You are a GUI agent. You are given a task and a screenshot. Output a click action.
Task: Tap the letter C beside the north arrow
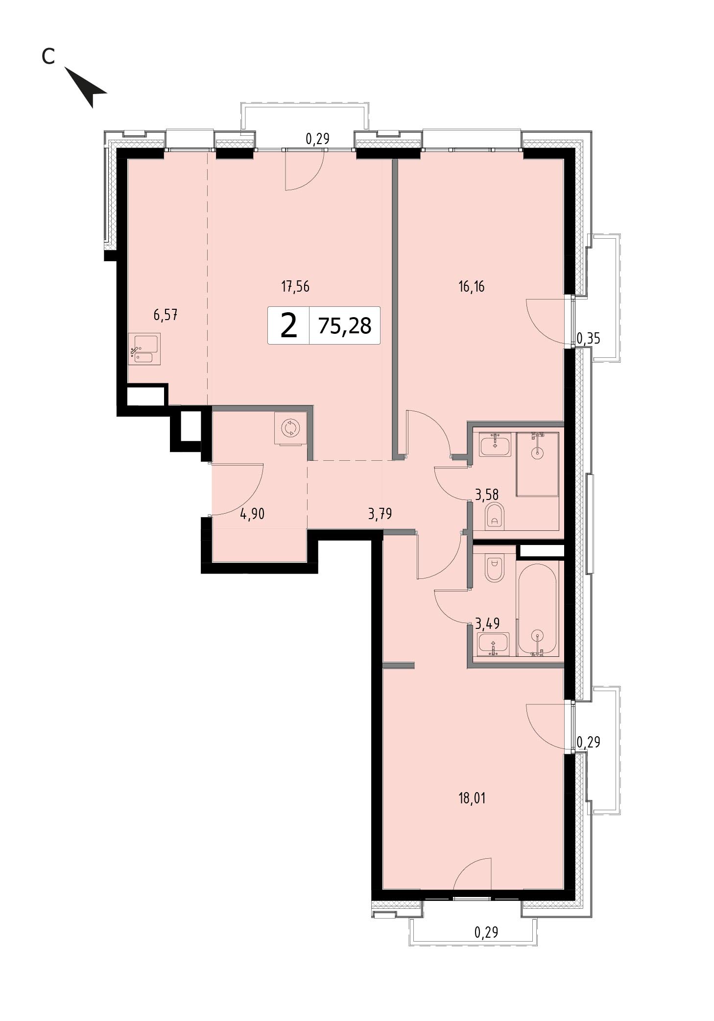coord(48,57)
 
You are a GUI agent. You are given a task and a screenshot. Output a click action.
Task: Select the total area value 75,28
coord(345,325)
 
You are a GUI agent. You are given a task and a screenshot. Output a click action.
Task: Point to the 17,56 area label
coord(295,286)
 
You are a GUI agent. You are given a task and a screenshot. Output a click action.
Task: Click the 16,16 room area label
coord(472,286)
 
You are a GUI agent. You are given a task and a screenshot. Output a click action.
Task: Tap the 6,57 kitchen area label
coord(166,315)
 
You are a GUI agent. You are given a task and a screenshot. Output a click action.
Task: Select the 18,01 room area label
coord(472,798)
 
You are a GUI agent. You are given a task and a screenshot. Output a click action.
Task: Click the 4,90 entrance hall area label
coord(252,514)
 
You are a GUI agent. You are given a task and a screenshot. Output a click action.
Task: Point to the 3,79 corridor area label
coord(380,514)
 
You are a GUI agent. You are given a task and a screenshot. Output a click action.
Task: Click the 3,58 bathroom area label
coord(487,494)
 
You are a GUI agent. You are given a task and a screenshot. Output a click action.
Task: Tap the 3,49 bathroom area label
coord(487,623)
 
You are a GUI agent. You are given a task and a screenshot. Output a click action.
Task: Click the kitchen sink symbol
coord(144,349)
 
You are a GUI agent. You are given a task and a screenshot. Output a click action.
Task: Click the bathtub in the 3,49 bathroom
coord(538,610)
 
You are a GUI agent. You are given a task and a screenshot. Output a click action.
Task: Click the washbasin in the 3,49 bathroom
coord(493,644)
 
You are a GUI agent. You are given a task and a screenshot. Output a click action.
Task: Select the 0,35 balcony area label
coord(588,338)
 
